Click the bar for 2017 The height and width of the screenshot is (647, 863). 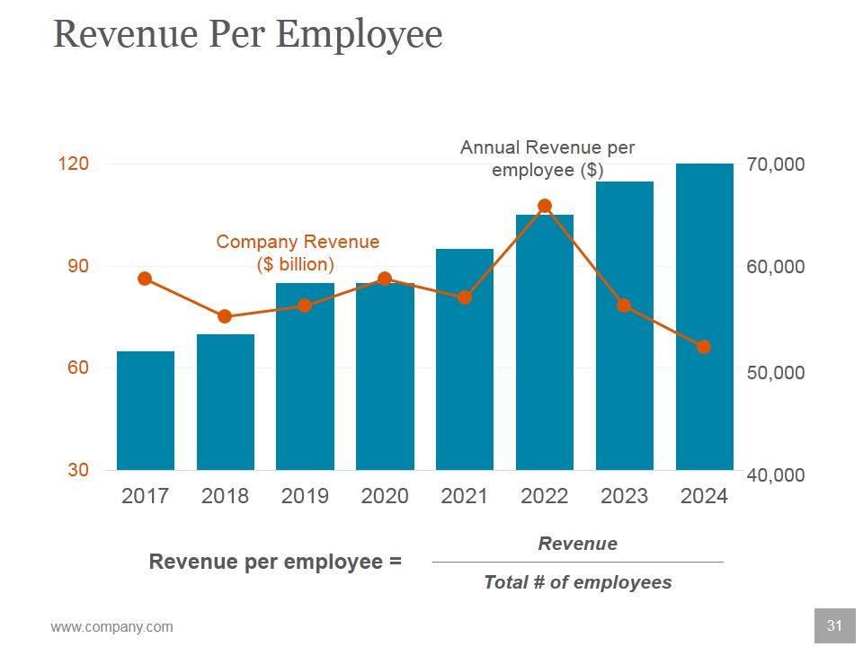click(x=145, y=411)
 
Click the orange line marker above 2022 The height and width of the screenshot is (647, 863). click(x=545, y=206)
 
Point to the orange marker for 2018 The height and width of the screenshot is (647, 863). click(x=225, y=316)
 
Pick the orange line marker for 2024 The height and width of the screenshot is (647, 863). click(x=704, y=347)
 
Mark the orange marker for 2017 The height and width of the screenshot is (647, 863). click(x=145, y=279)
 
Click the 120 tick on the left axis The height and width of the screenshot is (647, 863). click(x=74, y=164)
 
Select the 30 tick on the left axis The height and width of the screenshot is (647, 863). click(x=77, y=470)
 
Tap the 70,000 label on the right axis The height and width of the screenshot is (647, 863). click(x=776, y=164)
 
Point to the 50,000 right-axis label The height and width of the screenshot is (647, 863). click(x=776, y=372)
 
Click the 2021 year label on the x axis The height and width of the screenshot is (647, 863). click(x=465, y=496)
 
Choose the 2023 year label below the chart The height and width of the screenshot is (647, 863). click(x=624, y=496)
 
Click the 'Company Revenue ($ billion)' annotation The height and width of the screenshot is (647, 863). click(x=298, y=253)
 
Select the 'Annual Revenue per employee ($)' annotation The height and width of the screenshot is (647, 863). click(x=547, y=158)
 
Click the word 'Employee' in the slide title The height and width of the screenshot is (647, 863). click(x=359, y=34)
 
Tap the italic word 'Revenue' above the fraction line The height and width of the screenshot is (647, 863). click(x=577, y=544)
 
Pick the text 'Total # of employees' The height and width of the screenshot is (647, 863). click(x=577, y=582)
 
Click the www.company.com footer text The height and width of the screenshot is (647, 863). click(x=111, y=627)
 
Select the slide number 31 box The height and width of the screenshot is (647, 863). click(x=834, y=625)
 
